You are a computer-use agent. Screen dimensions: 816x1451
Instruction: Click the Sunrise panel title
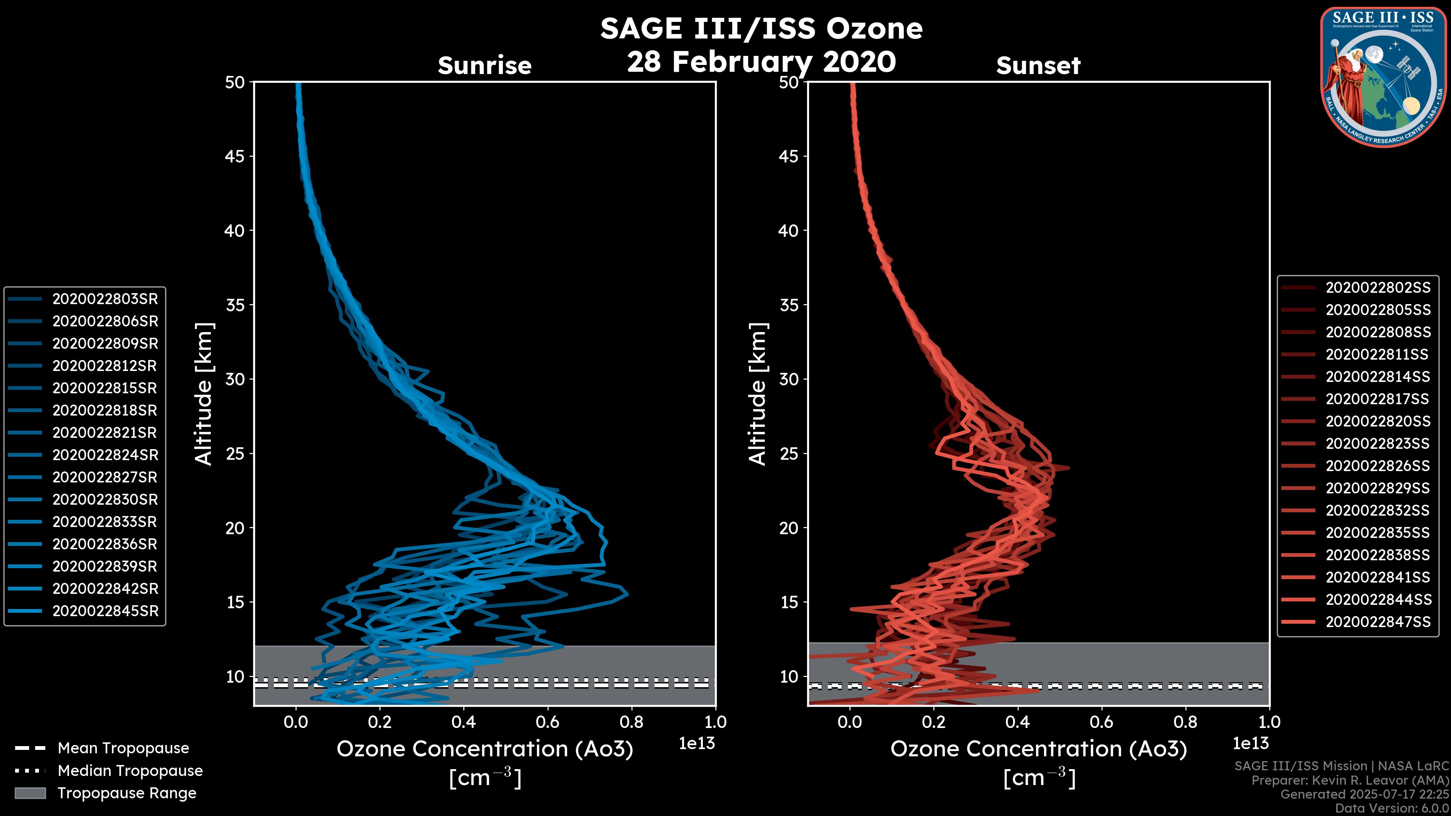coord(484,65)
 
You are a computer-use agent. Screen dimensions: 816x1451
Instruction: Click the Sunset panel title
coord(1038,65)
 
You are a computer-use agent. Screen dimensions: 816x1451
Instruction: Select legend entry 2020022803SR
coord(105,299)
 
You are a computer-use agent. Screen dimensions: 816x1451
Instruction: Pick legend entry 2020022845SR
coord(105,611)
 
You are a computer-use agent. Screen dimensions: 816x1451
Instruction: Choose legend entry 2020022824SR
coord(105,455)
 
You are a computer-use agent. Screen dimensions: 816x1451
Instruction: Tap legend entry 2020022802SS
coord(1378,288)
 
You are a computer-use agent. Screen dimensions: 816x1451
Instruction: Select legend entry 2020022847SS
coord(1378,622)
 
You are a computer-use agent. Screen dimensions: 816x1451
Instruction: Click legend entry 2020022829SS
coord(1378,488)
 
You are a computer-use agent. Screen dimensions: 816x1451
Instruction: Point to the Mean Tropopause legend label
coord(123,748)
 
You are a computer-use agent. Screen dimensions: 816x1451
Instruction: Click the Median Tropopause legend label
coord(130,771)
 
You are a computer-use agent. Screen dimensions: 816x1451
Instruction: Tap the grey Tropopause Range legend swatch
coord(30,793)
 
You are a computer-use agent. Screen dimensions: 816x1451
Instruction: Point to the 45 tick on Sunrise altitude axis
coord(235,156)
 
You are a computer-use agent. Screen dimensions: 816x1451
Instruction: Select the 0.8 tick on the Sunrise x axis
coord(631,722)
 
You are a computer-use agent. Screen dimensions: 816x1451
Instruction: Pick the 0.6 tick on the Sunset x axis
coord(1101,722)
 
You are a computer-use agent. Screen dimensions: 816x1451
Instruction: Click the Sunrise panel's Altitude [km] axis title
coord(203,394)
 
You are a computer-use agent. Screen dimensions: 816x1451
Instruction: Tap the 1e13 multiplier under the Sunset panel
coord(1250,743)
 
